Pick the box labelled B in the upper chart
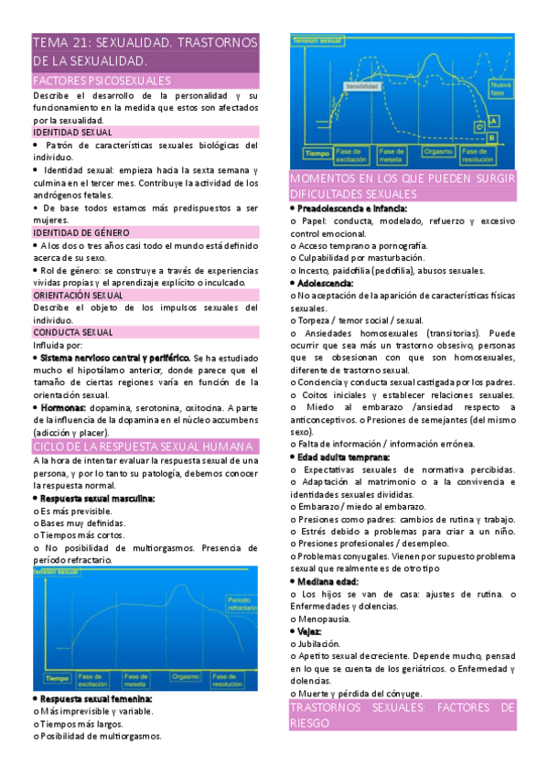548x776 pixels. point(491,137)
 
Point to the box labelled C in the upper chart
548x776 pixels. point(478,126)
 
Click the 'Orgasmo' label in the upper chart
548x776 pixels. point(439,152)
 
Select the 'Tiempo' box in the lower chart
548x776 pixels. point(57,678)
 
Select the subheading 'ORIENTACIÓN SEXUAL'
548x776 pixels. point(77,296)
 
